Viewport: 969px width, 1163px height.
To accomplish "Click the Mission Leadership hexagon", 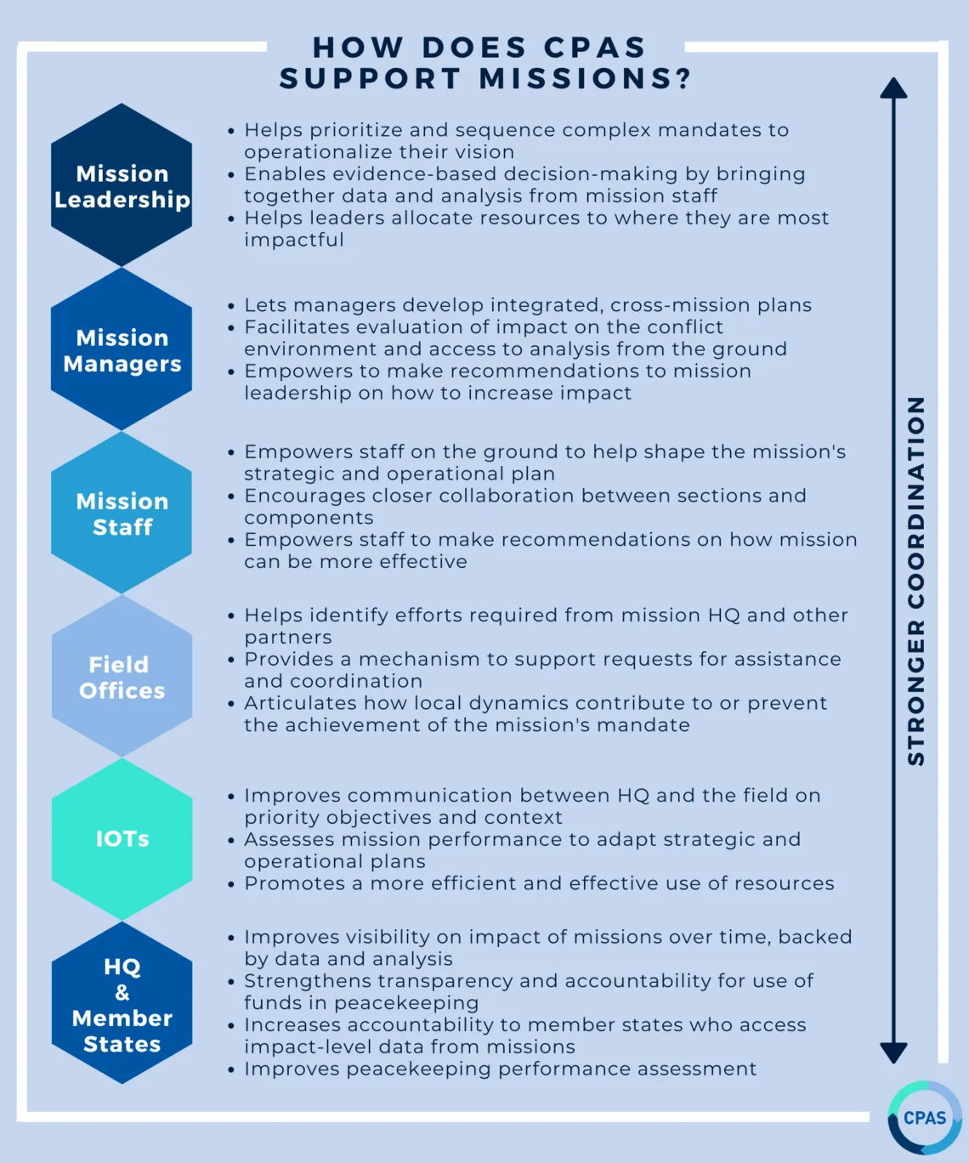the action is point(122,185).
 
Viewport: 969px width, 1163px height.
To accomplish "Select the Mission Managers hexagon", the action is point(122,349).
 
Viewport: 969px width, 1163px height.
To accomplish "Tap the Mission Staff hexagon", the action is point(122,513).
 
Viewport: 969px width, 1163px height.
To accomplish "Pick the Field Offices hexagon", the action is point(122,676).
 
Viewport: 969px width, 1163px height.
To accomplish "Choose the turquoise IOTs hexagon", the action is point(122,839).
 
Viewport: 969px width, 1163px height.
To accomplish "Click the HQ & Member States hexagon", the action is point(122,1003).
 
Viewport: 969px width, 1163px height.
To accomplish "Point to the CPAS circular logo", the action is point(925,1117).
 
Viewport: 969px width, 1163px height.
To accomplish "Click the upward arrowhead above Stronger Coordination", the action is point(894,88).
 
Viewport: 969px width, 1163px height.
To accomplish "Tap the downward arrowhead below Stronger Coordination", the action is point(894,1053).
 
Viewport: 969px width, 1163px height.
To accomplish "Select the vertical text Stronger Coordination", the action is point(916,581).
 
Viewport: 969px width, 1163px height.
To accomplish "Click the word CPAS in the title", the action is point(594,48).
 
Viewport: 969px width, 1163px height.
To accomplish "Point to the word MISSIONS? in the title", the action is point(586,78).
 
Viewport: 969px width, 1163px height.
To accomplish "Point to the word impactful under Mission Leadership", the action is point(294,240).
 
